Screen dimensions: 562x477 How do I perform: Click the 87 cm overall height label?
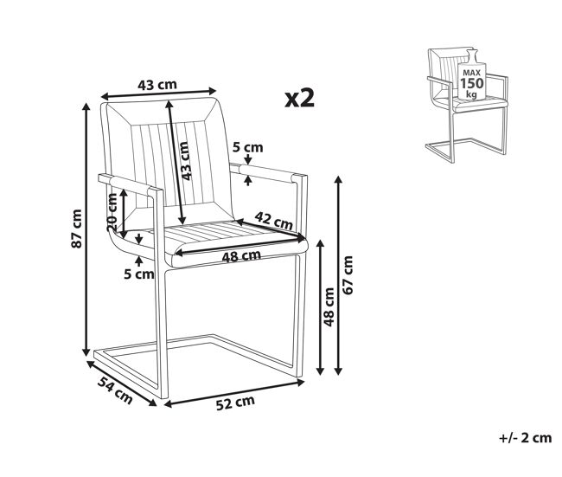pyautogui.click(x=77, y=229)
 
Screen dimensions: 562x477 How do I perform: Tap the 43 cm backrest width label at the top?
pyautogui.click(x=157, y=85)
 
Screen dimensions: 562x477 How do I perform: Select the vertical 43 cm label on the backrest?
pyautogui.click(x=185, y=161)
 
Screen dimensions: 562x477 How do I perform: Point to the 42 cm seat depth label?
pyautogui.click(x=274, y=221)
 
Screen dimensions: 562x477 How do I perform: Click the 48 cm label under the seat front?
pyautogui.click(x=241, y=256)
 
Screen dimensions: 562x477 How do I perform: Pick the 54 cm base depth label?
pyautogui.click(x=115, y=390)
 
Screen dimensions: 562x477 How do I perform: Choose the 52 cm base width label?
pyautogui.click(x=235, y=403)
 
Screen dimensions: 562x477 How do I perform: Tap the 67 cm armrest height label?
pyautogui.click(x=348, y=275)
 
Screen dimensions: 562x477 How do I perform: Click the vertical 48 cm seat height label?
pyautogui.click(x=329, y=306)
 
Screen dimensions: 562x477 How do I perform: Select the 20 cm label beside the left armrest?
pyautogui.click(x=112, y=212)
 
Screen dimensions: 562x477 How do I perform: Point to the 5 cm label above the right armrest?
pyautogui.click(x=247, y=147)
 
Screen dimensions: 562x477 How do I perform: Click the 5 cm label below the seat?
pyautogui.click(x=139, y=274)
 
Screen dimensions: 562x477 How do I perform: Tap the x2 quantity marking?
pyautogui.click(x=300, y=98)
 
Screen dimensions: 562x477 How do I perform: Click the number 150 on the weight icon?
pyautogui.click(x=472, y=83)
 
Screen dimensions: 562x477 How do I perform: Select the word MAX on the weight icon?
pyautogui.click(x=472, y=73)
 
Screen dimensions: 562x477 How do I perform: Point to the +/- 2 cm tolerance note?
pyautogui.click(x=525, y=438)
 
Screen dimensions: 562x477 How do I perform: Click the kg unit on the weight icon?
pyautogui.click(x=471, y=94)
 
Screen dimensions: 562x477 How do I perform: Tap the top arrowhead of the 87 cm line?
pyautogui.click(x=86, y=106)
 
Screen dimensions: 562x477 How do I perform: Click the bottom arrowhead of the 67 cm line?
pyautogui.click(x=338, y=371)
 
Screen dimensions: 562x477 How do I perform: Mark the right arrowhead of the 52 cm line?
pyautogui.click(x=301, y=384)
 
